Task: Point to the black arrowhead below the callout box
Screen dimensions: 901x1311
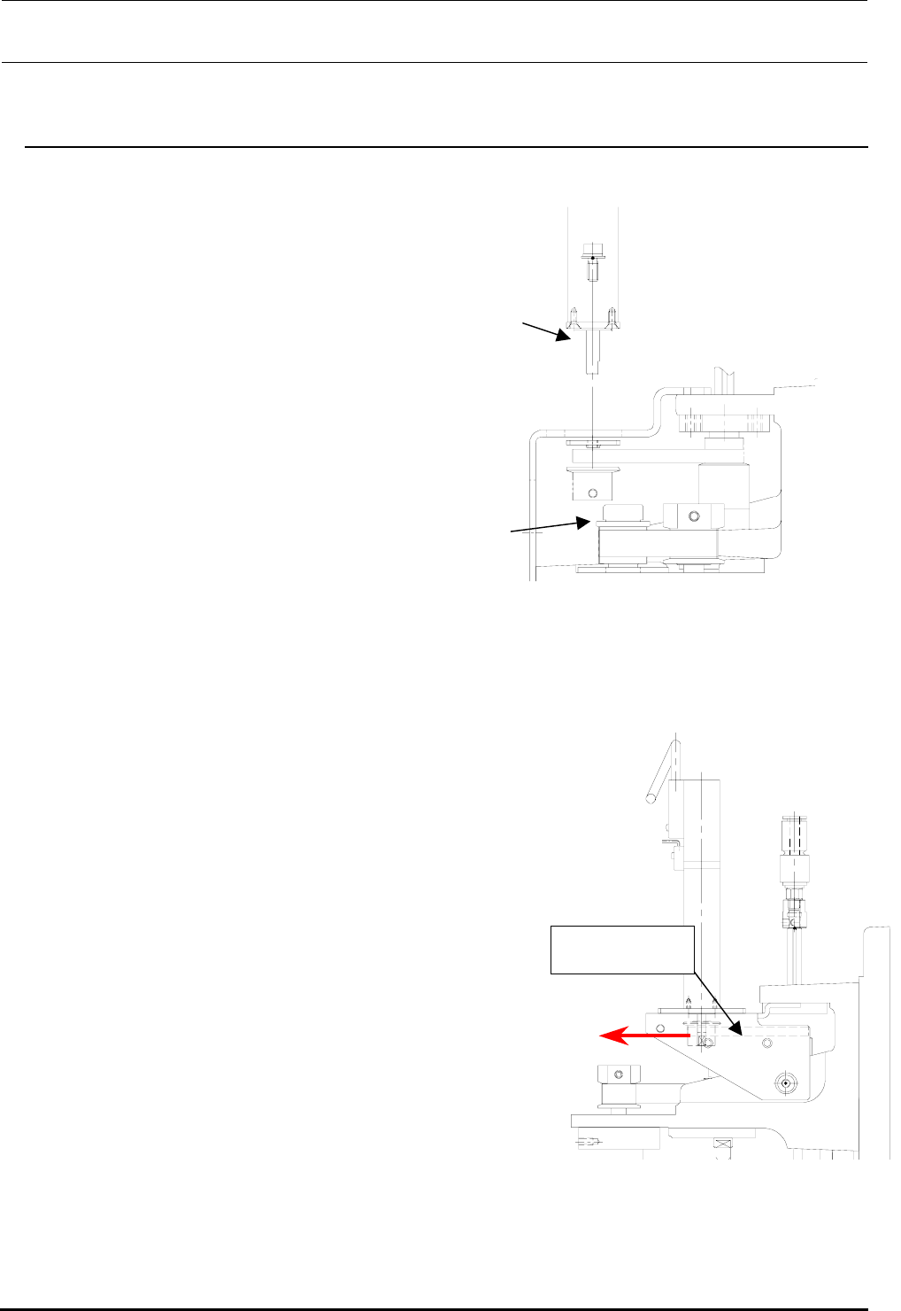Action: pos(734,1025)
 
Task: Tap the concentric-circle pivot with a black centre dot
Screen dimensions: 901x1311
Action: pos(784,1082)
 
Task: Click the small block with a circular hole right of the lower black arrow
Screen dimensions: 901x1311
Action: pos(694,516)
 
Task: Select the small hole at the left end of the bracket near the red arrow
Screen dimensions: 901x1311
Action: pos(660,1028)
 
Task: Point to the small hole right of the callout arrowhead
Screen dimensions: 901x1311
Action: pos(766,1043)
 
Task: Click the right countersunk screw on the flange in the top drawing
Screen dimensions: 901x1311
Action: pos(612,316)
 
